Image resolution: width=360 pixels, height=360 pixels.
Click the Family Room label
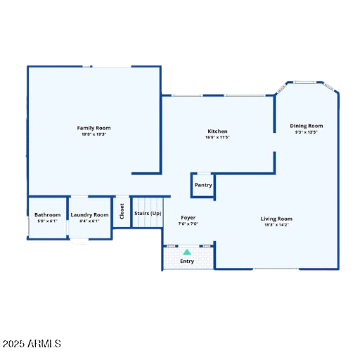[94, 128]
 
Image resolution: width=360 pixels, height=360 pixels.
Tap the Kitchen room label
[217, 131]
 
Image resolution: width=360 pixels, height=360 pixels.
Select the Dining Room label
[307, 126]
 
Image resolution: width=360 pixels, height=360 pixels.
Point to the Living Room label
[276, 219]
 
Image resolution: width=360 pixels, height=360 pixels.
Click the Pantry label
[203, 185]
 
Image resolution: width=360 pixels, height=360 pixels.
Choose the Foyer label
[188, 218]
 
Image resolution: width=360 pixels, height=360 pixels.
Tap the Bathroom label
[48, 214]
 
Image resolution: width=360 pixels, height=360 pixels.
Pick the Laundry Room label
[90, 214]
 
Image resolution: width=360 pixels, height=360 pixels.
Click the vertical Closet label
[122, 212]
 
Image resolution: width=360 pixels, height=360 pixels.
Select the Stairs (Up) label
[148, 213]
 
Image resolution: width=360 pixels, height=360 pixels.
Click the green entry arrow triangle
[187, 251]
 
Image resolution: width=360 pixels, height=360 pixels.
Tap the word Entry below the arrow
[187, 262]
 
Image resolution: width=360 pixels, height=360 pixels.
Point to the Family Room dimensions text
[94, 134]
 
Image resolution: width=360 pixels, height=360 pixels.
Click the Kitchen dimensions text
[217, 137]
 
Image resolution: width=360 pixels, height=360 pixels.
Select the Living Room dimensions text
[276, 225]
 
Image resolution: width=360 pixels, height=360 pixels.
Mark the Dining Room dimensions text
[307, 132]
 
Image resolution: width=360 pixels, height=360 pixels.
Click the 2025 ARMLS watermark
[33, 344]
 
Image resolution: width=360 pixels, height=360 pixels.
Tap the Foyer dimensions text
[188, 224]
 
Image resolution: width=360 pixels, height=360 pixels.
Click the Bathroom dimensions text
[48, 221]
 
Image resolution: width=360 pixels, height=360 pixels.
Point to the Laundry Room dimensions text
[90, 221]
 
